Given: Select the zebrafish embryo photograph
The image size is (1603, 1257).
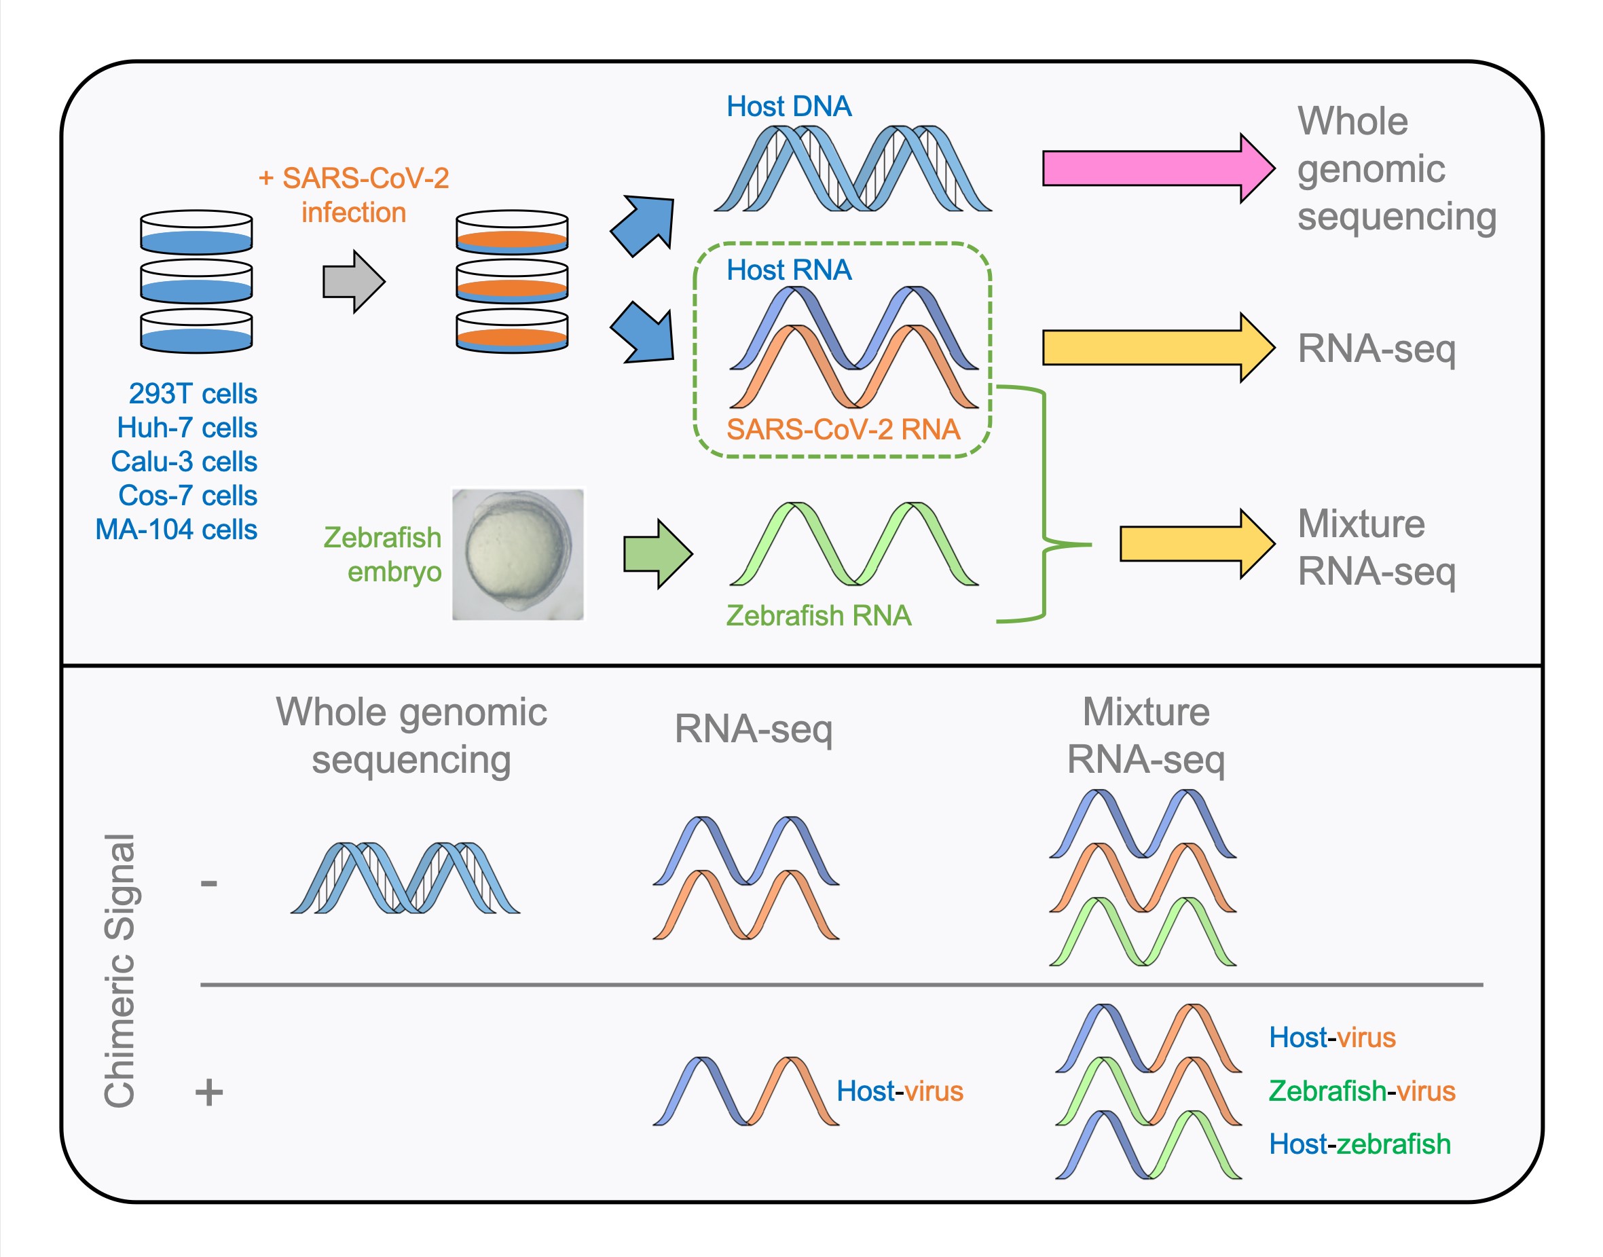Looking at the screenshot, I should click(x=517, y=554).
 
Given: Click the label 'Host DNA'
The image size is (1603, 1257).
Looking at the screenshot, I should click(x=789, y=107).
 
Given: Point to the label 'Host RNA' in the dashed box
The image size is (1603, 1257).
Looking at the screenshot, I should click(x=789, y=270).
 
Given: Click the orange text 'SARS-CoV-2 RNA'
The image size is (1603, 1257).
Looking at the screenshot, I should click(x=843, y=429).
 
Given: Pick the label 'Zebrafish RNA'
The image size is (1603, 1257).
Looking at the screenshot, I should click(x=818, y=615).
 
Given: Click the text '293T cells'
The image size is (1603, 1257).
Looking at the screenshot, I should click(x=193, y=394).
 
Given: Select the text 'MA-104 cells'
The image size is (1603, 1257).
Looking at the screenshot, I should click(x=177, y=529).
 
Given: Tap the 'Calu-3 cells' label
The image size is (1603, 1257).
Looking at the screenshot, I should click(x=184, y=461).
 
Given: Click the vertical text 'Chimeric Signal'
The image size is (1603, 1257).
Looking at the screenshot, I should click(x=119, y=970).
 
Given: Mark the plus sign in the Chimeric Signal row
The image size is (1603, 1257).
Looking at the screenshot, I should click(x=209, y=1091).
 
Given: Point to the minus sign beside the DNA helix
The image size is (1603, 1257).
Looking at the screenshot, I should click(x=209, y=882).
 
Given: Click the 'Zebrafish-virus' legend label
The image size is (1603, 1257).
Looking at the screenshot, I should click(x=1362, y=1091).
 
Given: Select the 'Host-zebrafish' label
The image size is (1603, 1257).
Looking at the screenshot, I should click(x=1359, y=1144).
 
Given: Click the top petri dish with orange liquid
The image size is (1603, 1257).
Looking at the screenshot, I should click(x=512, y=232).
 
